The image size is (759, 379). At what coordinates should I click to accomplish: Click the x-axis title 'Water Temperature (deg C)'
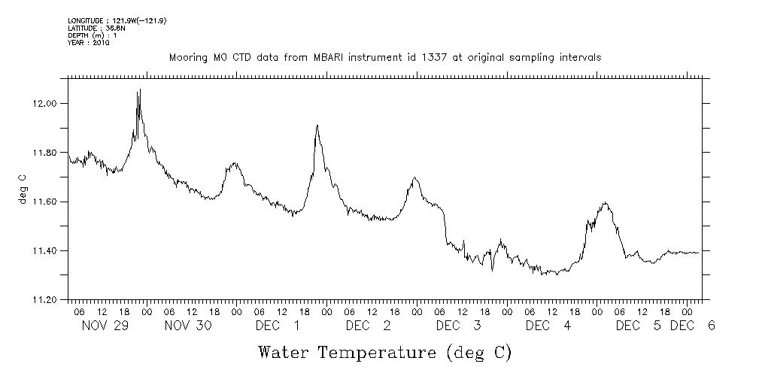point(384,352)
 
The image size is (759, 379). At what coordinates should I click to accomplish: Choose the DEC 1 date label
point(277,326)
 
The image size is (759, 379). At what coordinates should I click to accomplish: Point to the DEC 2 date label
point(367,326)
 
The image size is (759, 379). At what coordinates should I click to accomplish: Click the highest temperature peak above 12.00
point(140,89)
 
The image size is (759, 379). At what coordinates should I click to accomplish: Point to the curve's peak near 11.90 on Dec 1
point(317,126)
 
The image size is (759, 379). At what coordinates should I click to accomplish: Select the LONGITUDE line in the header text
point(117,20)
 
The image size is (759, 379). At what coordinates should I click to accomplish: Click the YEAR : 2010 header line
point(89,43)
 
